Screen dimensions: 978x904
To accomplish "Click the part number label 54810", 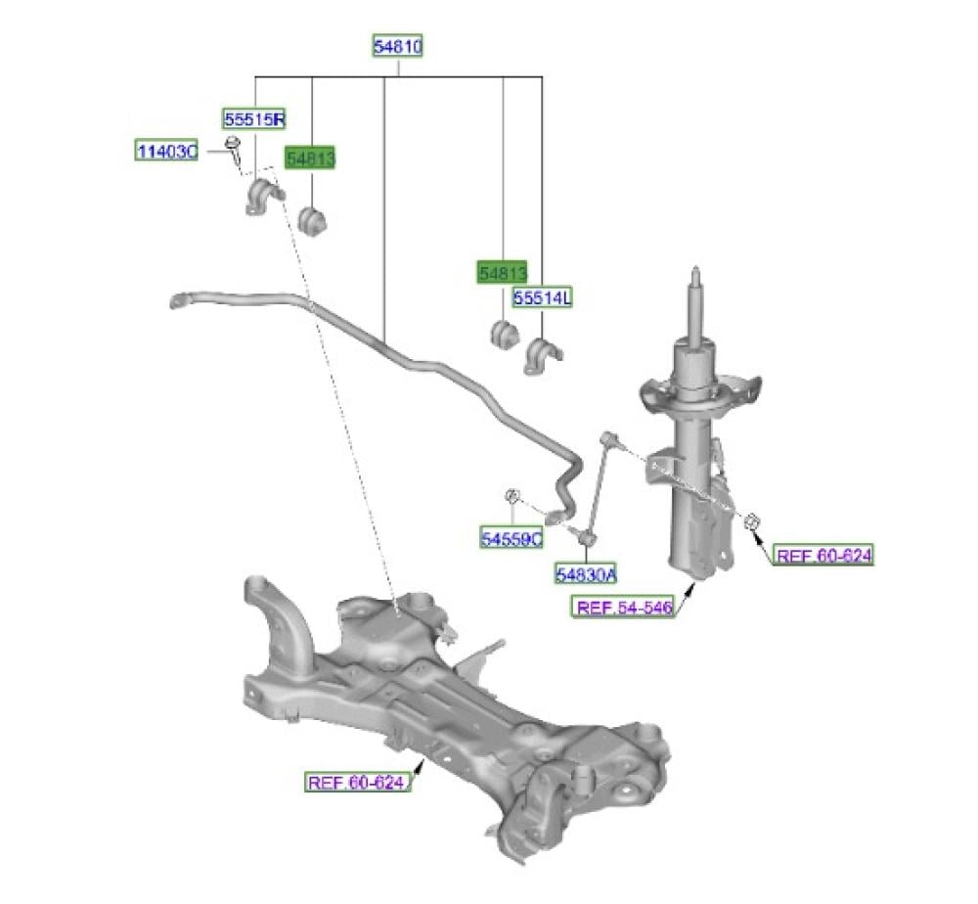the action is (x=398, y=46).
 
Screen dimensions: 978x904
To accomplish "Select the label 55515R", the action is (x=254, y=118).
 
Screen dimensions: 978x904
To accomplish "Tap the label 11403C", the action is (x=167, y=151).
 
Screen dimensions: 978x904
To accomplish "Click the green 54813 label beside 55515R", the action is (x=310, y=158).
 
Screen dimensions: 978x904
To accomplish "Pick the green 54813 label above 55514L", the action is (x=502, y=272).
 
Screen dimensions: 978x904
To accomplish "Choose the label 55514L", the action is (x=542, y=298).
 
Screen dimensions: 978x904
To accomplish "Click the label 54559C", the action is (x=511, y=538).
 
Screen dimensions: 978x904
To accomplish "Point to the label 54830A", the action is (x=586, y=573).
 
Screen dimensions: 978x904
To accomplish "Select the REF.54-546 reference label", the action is (x=624, y=607).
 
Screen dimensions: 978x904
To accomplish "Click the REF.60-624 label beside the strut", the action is (x=823, y=555).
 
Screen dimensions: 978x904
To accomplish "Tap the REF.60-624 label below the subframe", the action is (x=356, y=782).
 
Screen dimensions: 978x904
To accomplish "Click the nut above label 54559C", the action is (x=512, y=496).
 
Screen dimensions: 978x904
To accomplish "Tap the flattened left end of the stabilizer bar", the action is (x=180, y=300).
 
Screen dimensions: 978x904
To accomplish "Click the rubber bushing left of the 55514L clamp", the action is (x=504, y=335).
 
